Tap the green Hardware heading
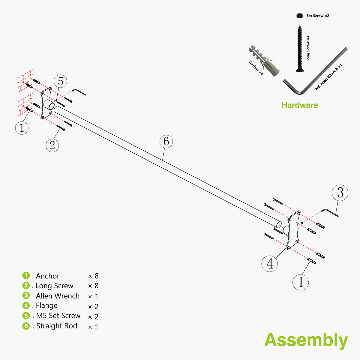click(x=300, y=105)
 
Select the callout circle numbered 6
click(x=166, y=142)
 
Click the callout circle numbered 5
click(x=60, y=81)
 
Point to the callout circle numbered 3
click(x=340, y=193)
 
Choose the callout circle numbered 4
click(x=270, y=264)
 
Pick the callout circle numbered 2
click(x=52, y=145)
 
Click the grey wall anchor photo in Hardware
click(x=264, y=61)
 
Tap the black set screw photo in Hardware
click(x=299, y=16)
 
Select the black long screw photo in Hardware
click(x=300, y=49)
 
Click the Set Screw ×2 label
click(x=318, y=16)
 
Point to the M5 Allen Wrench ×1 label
click(x=328, y=77)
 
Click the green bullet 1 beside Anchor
click(x=26, y=275)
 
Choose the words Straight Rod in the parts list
click(x=57, y=326)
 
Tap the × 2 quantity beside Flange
click(x=93, y=307)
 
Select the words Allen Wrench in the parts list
click(x=58, y=296)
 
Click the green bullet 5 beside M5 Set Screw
click(x=26, y=316)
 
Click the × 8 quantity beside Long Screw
click(x=93, y=286)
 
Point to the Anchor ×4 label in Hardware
click(x=256, y=68)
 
